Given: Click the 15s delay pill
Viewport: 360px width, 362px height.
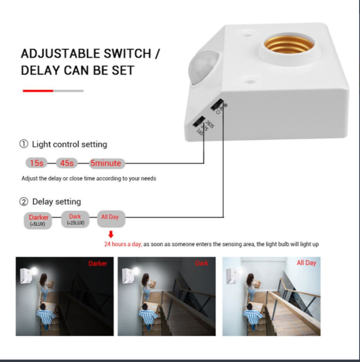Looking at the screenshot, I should tap(37, 163).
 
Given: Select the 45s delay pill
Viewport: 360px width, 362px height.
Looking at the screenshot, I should tap(67, 163).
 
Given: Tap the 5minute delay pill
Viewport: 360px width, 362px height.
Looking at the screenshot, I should tap(105, 163).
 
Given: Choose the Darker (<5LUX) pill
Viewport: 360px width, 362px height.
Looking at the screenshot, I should tap(38, 220).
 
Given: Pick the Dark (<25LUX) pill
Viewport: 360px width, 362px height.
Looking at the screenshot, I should tap(75, 220).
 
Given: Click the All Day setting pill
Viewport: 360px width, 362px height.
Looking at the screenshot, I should tap(110, 218).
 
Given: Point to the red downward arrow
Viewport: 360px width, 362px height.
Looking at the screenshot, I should tap(110, 234).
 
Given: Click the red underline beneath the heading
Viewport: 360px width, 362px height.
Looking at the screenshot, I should tap(38, 91).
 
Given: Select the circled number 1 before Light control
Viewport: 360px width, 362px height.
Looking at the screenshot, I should tap(24, 144).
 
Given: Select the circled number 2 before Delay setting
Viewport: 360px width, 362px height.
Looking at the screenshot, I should tap(24, 202).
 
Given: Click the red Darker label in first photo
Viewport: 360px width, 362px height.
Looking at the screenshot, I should tap(97, 263).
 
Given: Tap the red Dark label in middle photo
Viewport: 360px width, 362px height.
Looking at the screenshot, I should tap(202, 263).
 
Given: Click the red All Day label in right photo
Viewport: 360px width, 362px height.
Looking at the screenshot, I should tap(306, 263).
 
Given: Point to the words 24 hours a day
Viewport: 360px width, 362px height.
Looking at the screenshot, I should tap(123, 244).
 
